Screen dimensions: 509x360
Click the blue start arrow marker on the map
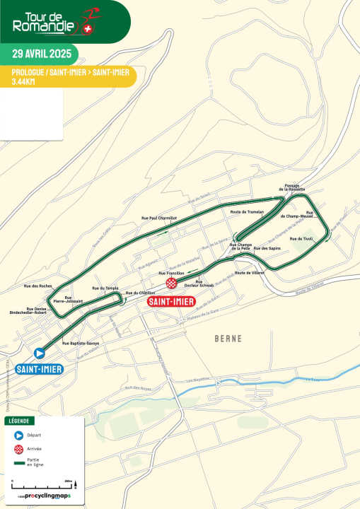click(x=40, y=353)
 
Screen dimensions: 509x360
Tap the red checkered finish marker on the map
click(x=171, y=283)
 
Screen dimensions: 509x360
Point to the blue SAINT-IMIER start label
click(x=40, y=368)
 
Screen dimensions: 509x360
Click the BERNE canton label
click(x=228, y=339)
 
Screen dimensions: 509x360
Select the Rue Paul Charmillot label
click(x=158, y=218)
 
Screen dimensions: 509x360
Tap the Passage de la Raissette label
click(x=295, y=188)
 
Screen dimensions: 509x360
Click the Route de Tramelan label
click(x=247, y=212)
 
